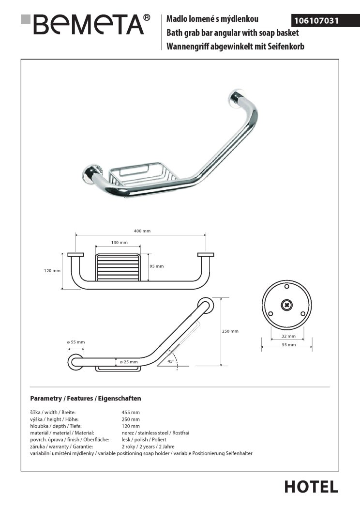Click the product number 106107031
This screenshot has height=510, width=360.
(314, 21)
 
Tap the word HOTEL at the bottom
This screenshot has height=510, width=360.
(311, 487)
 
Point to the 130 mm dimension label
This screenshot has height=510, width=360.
(119, 242)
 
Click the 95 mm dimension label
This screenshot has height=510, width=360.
(157, 266)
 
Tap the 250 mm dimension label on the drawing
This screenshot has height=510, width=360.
(230, 331)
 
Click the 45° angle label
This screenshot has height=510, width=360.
(170, 361)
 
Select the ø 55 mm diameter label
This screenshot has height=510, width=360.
(75, 342)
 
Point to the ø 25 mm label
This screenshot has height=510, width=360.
(129, 362)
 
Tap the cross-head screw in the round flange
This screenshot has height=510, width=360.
(287, 306)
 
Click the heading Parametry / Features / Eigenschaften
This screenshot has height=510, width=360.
(85, 399)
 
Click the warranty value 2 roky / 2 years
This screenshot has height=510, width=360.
(148, 447)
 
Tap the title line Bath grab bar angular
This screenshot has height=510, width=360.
(232, 33)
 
